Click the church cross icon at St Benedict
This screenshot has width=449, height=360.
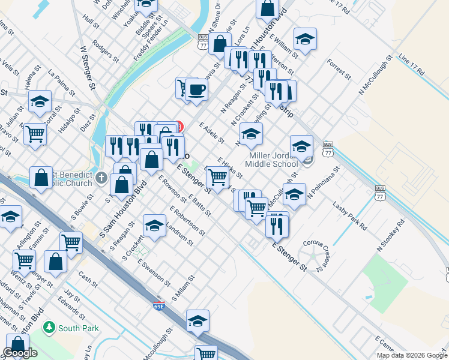coord(101,178)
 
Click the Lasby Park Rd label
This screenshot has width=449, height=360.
coord(349,217)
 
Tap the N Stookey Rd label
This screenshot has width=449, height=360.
coord(391,235)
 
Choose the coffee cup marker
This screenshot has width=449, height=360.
coord(196,90)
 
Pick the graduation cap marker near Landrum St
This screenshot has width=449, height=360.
coord(155,226)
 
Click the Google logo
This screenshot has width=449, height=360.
coord(20,353)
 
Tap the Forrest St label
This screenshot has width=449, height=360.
coord(339,69)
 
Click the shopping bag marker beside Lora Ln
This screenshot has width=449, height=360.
coord(220,43)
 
